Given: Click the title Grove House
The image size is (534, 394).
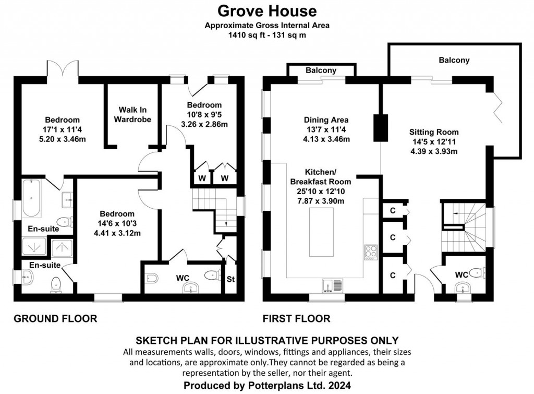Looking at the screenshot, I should pos(267,10).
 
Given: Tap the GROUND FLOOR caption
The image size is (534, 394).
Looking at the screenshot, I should pos(55,318).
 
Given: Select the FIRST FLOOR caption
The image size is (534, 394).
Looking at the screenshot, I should pos(297,318).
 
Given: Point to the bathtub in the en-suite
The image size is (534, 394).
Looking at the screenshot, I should pos(31,199).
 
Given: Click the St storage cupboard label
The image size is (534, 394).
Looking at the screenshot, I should pos(230,279).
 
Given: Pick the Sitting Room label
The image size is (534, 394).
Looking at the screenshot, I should pos(433,132).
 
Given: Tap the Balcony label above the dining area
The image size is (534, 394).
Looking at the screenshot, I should pos(321,70).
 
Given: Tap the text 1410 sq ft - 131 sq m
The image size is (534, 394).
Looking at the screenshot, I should pos(266,35).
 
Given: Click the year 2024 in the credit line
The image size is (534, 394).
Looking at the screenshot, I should pos(336,386).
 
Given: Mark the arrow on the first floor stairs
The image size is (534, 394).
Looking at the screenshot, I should pos(454,213).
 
